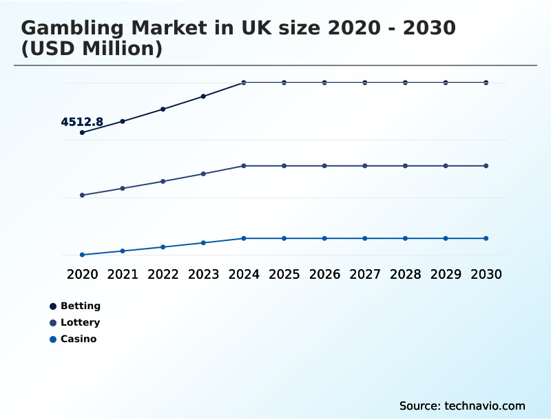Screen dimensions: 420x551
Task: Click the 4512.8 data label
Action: pyautogui.click(x=82, y=123)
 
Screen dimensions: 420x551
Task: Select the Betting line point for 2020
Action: pyautogui.click(x=82, y=132)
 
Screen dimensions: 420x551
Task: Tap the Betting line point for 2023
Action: pyautogui.click(x=203, y=96)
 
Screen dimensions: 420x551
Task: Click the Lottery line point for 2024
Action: pyautogui.click(x=244, y=166)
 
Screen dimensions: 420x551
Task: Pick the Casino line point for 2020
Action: pyautogui.click(x=82, y=255)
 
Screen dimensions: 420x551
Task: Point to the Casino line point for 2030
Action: pyautogui.click(x=486, y=238)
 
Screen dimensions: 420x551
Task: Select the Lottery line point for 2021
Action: pyautogui.click(x=123, y=188)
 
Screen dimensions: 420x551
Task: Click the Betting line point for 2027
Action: pyautogui.click(x=365, y=83)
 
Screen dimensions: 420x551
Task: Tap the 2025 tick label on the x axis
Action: pyautogui.click(x=284, y=274)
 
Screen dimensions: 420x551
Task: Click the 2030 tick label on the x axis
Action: pyautogui.click(x=486, y=274)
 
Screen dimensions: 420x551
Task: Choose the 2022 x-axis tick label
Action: pyautogui.click(x=163, y=274)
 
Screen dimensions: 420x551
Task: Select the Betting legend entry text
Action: pyautogui.click(x=81, y=306)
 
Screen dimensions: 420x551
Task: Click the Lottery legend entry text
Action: pyautogui.click(x=81, y=322)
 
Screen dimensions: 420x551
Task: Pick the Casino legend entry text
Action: pyautogui.click(x=79, y=339)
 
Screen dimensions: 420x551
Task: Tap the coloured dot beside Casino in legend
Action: pyautogui.click(x=53, y=339)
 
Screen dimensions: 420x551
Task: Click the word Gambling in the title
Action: pyautogui.click(x=70, y=28)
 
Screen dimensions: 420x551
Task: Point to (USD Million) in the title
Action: pyautogui.click(x=92, y=49)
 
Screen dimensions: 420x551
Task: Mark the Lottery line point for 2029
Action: pyautogui.click(x=446, y=166)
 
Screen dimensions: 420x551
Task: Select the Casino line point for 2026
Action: pyautogui.click(x=324, y=238)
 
